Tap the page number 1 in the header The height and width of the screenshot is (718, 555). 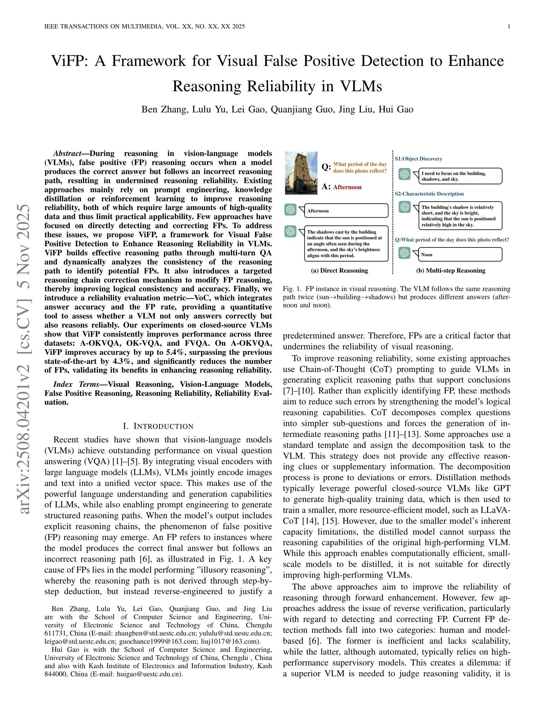click(x=509, y=27)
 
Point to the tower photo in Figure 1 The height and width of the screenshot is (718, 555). click(x=301, y=173)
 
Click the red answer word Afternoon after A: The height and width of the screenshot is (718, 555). click(x=347, y=187)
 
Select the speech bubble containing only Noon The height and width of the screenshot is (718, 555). click(x=460, y=254)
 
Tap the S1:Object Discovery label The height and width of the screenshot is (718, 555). click(x=419, y=159)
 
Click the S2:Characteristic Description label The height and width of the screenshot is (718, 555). click(x=429, y=194)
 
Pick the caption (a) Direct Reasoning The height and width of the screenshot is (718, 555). click(x=339, y=270)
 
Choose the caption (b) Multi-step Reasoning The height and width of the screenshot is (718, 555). click(x=451, y=270)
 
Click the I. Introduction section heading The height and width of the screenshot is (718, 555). click(x=158, y=426)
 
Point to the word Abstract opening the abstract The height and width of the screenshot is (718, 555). click(x=67, y=154)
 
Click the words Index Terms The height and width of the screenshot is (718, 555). click(x=76, y=384)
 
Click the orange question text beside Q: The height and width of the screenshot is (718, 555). click(x=360, y=167)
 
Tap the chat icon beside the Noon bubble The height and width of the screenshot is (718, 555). click(x=404, y=253)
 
